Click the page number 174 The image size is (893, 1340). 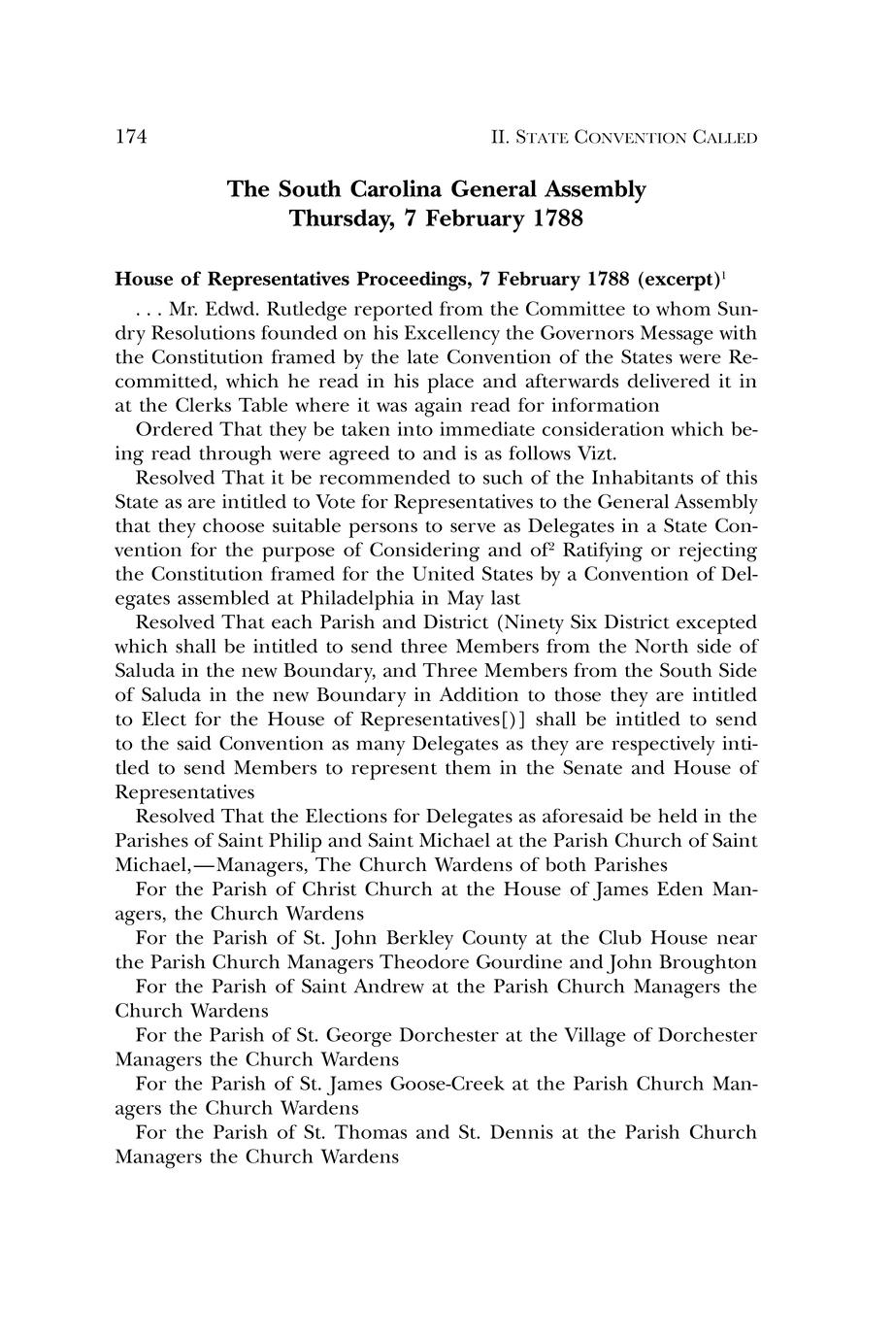[131, 137]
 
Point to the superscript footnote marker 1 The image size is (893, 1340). [725, 275]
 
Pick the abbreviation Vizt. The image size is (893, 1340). [596, 454]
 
